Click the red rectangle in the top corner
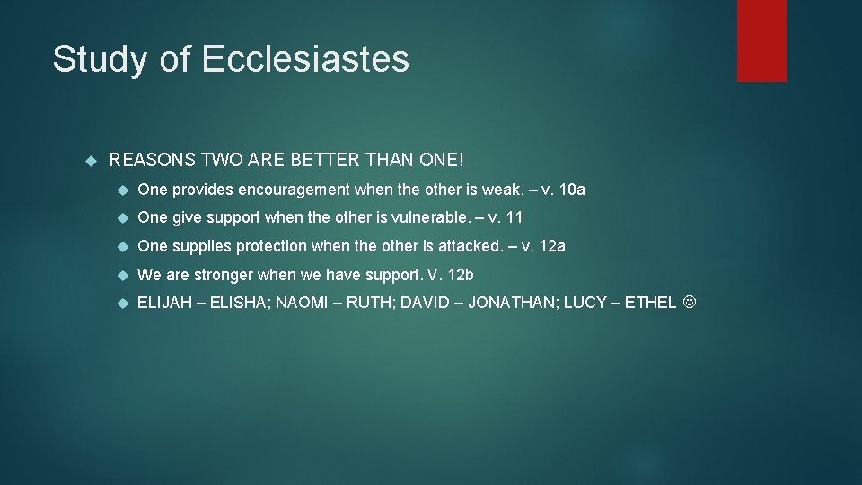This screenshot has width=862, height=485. [761, 40]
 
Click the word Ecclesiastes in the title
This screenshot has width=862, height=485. [305, 59]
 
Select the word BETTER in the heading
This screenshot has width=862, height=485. [321, 161]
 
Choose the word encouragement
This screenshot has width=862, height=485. [294, 190]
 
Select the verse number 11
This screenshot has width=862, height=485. [515, 217]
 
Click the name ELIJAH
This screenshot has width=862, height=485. [165, 303]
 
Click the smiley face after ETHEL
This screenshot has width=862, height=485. [689, 303]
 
